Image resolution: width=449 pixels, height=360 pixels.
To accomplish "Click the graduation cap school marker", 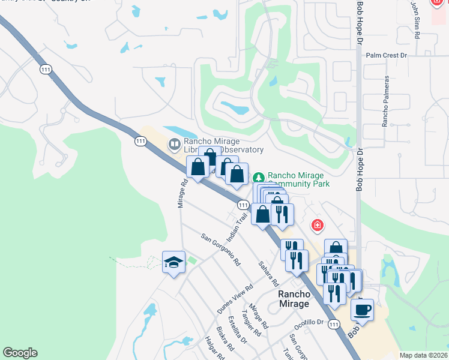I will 173,262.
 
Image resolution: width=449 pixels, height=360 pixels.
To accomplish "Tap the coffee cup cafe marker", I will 362,310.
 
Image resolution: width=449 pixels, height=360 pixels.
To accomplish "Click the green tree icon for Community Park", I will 259,178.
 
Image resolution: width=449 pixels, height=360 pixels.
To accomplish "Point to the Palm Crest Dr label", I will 387,55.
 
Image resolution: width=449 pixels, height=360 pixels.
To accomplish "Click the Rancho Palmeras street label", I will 386,100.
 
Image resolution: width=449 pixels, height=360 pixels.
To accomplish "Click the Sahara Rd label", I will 268,273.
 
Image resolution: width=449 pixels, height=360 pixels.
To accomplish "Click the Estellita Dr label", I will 238,331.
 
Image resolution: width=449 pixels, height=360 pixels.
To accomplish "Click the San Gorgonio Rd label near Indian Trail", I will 220,250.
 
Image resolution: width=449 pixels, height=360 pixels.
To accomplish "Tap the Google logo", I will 20,353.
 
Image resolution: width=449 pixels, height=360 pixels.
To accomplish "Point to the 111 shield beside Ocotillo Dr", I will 334,323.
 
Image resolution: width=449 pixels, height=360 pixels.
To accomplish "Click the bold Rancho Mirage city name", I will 294,299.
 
